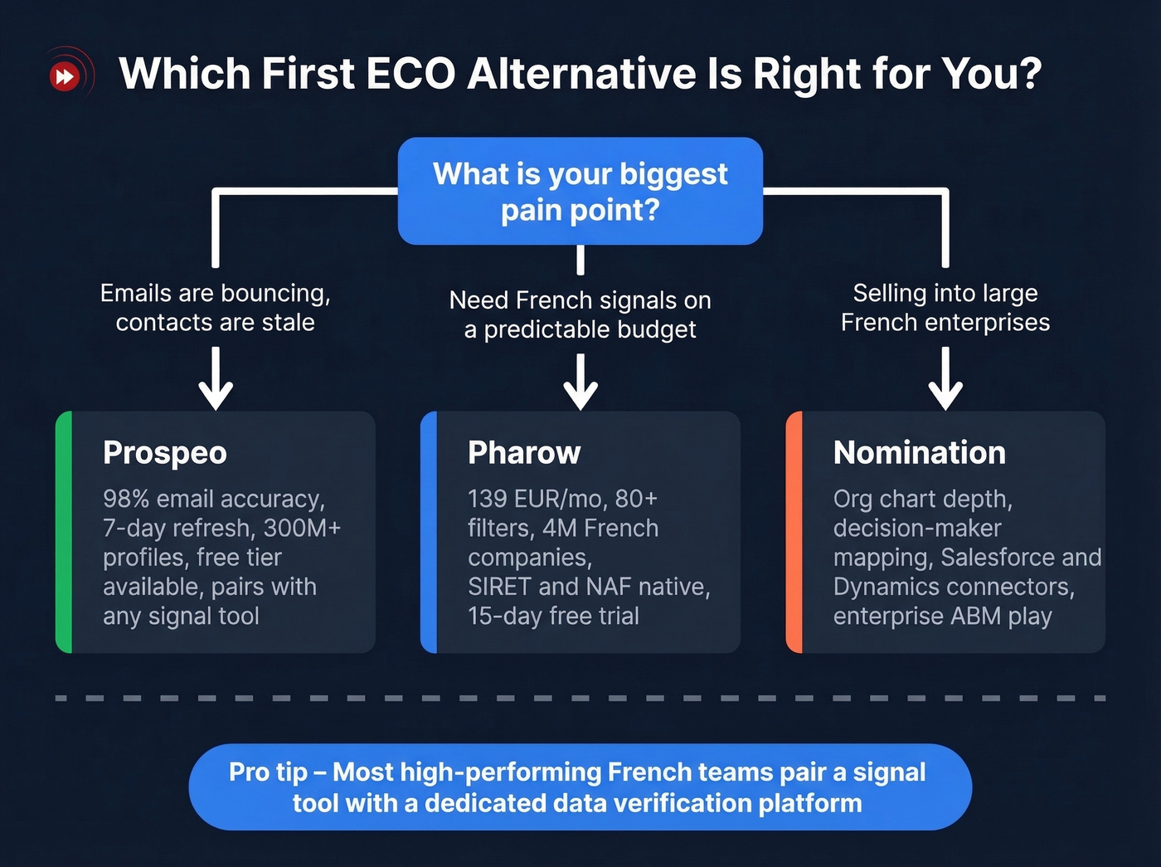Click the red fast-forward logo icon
65,77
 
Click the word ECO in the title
410,74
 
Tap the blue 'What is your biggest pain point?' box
580,191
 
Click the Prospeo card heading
164,453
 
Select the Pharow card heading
524,453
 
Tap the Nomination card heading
919,453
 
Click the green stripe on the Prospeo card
64,532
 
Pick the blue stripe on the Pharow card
429,532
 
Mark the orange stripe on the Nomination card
794,532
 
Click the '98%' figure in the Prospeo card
126,499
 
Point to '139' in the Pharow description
487,499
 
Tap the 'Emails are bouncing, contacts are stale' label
216,308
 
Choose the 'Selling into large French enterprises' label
945,308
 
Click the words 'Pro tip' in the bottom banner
267,772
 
